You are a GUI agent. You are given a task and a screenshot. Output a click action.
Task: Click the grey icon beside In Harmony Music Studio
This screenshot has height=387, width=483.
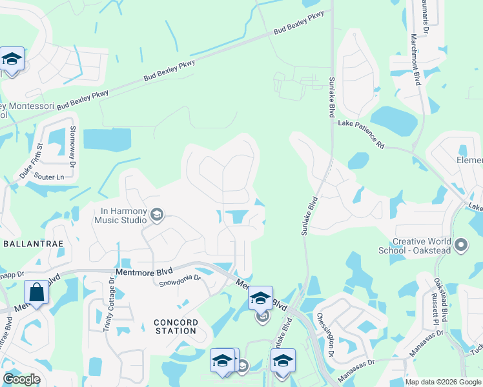[x=156, y=215]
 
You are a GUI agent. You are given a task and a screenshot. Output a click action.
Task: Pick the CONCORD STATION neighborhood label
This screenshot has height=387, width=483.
[x=175, y=326]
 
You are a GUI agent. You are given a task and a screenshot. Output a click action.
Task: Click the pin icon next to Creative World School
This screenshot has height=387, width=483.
[x=460, y=245]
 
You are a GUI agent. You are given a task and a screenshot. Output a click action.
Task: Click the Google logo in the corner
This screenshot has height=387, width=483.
[x=21, y=379]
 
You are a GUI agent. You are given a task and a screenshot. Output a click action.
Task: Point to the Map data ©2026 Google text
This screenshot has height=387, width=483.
[x=443, y=382]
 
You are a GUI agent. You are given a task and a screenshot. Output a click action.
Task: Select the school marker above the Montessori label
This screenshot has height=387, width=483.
[x=12, y=59]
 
